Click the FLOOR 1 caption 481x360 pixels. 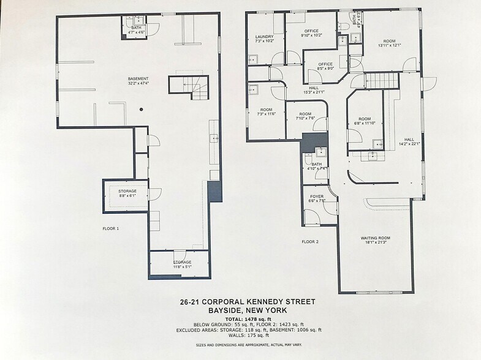click(110, 228)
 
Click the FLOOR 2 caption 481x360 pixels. click(310, 242)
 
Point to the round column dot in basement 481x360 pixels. click(141, 110)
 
